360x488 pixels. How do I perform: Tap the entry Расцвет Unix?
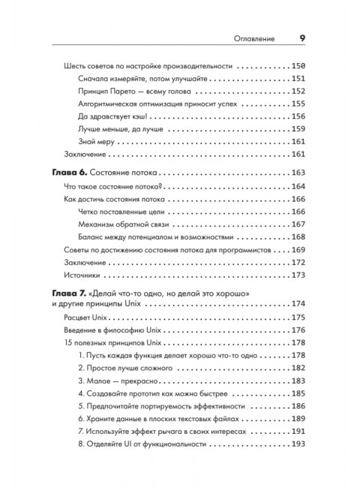coord(89,318)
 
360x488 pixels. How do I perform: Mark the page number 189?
coord(295,418)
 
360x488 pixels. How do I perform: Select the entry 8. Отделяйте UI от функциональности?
coord(142,444)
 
